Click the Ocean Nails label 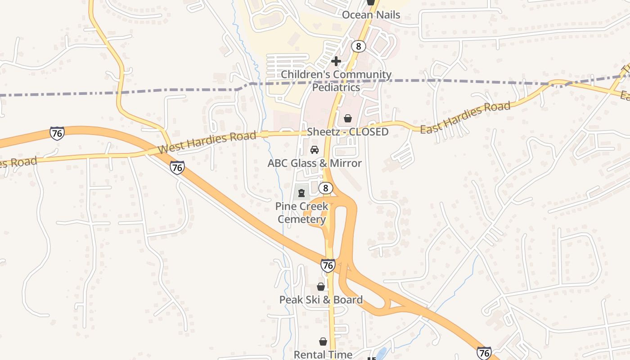coord(371,15)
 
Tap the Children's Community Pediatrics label coord(336,81)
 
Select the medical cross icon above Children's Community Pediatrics coord(336,61)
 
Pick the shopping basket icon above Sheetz coord(348,118)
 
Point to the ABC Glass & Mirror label coord(315,163)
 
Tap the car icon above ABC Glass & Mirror coord(315,149)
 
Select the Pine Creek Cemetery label coord(301,213)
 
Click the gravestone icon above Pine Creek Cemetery coord(301,193)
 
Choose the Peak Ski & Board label coord(321,300)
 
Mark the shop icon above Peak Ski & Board coord(321,287)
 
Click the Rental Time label coord(323,355)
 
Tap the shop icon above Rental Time coord(323,342)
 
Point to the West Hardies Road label coord(207,142)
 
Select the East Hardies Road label coord(465,117)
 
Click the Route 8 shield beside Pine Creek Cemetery coord(326,188)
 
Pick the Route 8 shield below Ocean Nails coord(358,46)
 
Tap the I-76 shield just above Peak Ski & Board coord(328,265)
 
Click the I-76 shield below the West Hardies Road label coord(177,168)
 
